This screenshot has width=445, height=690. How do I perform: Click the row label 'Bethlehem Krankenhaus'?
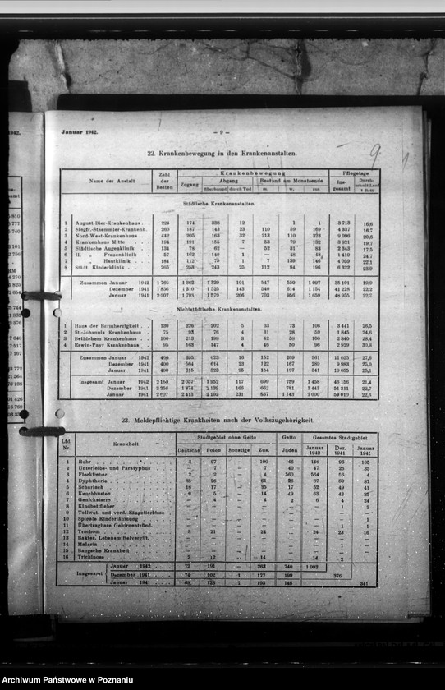click(103, 338)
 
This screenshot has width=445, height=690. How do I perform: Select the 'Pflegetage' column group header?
click(354, 173)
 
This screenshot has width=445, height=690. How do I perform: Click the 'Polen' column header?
click(213, 450)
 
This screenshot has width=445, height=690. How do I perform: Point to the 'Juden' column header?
click(288, 450)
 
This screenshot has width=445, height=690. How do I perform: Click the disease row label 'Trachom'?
click(86, 531)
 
